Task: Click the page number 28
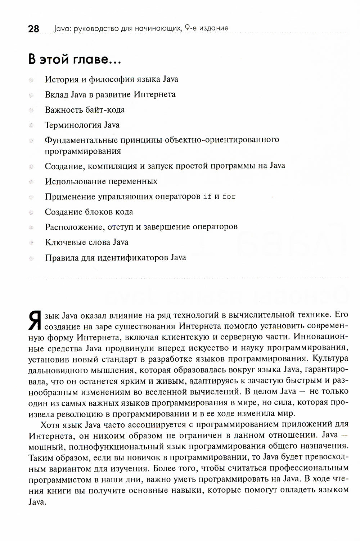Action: (x=33, y=29)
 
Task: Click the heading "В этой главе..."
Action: (x=75, y=59)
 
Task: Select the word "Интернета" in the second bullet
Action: (x=154, y=95)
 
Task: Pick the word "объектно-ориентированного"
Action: (x=222, y=140)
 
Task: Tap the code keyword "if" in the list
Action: (x=207, y=197)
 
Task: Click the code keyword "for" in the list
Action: (x=229, y=197)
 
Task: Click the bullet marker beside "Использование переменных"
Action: (x=31, y=182)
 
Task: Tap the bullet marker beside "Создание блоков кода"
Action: (x=31, y=212)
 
